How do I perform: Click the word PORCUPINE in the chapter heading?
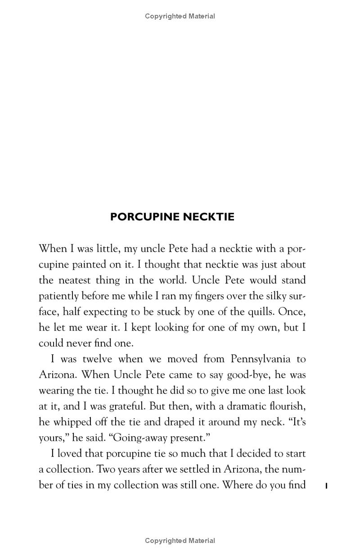tap(145, 217)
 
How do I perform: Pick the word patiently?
tap(58, 296)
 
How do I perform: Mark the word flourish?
tap(288, 406)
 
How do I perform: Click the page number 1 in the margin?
tap(326, 485)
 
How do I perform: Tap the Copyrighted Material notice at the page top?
tap(180, 16)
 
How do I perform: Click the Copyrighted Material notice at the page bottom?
tap(180, 541)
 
